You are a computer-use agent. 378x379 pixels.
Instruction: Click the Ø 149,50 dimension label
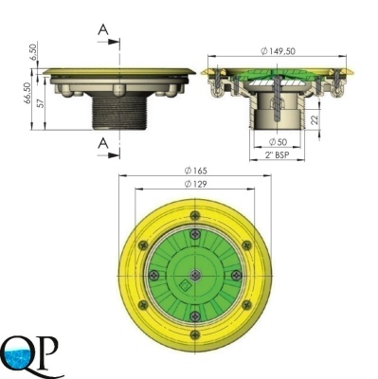[279, 50]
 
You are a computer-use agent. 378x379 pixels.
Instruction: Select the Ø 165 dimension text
[196, 171]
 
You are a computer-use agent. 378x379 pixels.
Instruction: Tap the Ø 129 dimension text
[196, 184]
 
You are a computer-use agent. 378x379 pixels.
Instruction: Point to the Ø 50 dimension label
[278, 142]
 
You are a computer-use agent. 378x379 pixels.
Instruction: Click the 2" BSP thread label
[278, 154]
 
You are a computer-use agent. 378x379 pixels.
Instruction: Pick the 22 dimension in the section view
[315, 119]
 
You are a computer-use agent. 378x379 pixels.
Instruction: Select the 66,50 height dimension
[27, 93]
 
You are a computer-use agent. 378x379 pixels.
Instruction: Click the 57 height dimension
[41, 103]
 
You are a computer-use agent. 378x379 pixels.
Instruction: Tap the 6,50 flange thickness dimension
[33, 50]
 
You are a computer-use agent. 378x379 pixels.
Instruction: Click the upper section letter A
[103, 29]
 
